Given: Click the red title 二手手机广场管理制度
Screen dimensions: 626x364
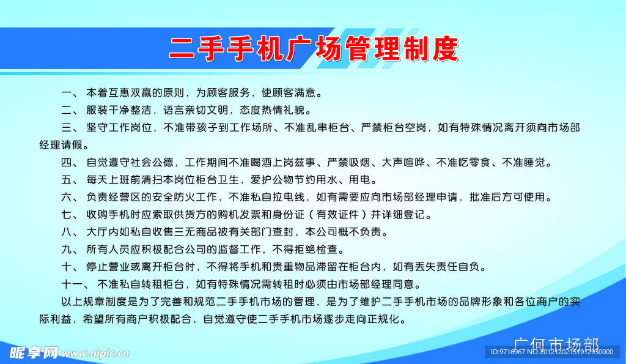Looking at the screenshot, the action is (314, 49).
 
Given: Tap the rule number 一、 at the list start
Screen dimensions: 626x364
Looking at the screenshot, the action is (70, 93).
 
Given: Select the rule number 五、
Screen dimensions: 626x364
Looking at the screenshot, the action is (70, 180).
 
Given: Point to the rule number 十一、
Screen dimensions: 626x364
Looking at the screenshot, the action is (76, 284).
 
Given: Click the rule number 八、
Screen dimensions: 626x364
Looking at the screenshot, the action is (70, 232).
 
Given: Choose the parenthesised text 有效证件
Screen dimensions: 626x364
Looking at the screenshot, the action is (338, 215).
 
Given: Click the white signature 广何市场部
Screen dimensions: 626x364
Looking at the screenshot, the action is (556, 344).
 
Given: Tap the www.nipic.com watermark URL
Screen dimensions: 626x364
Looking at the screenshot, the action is (95, 354).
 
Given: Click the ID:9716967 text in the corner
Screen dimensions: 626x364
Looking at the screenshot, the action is (508, 352).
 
